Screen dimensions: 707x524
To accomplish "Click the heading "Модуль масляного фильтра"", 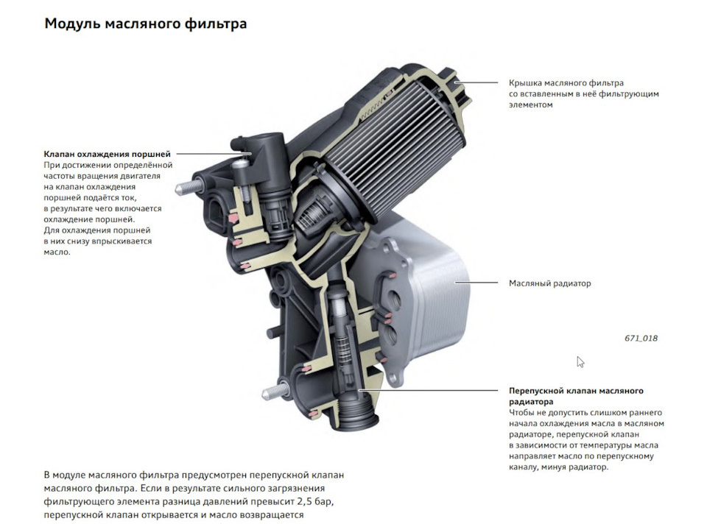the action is coord(145,24).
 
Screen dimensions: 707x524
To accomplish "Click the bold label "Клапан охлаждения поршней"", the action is coord(108,154).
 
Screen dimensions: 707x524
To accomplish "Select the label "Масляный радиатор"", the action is coord(549,283).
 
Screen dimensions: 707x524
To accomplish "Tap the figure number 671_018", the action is coord(641,338).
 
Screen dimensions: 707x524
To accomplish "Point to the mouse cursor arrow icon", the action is coord(580,362).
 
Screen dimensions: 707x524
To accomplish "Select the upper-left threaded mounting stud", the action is coord(188,188).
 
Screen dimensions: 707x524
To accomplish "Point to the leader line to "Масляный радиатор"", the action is coord(476,283).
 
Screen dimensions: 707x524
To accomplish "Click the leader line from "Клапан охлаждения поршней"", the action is coord(214,154).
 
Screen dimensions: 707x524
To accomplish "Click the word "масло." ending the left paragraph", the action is coord(57,252).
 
